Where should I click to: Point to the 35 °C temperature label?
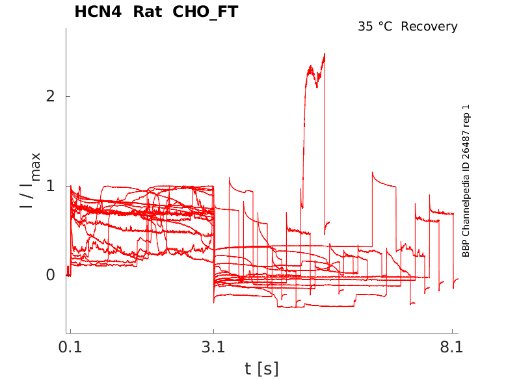click(x=377, y=27)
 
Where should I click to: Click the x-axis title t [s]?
click(x=261, y=369)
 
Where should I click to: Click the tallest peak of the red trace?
click(x=324, y=54)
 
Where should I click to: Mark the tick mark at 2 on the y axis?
click(x=68, y=96)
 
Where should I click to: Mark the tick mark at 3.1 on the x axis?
click(x=214, y=331)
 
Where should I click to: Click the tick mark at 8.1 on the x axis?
click(x=451, y=331)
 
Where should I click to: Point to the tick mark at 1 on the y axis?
click(x=68, y=186)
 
